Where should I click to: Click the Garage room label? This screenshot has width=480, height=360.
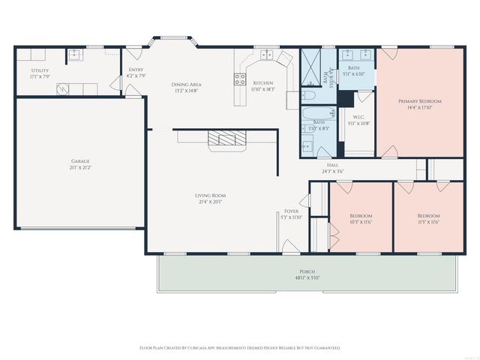tap(80, 161)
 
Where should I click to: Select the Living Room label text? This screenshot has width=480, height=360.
tap(212, 195)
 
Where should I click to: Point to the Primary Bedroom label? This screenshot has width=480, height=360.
tap(419, 100)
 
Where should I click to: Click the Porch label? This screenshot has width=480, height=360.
tap(307, 271)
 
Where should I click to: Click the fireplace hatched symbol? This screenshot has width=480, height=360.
tap(226, 136)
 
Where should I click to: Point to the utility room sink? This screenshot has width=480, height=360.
tap(76, 54)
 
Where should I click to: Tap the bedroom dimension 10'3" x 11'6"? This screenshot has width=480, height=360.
tap(361, 222)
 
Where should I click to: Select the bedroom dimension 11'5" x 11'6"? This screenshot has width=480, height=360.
tap(429, 222)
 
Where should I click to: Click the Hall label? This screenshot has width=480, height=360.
tap(333, 165)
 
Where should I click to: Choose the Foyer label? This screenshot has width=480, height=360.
tap(291, 211)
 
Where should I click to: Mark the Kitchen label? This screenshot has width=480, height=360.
tap(263, 82)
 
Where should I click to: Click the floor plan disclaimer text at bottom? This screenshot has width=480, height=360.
tap(240, 348)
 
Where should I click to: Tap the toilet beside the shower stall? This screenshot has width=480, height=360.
tap(308, 95)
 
